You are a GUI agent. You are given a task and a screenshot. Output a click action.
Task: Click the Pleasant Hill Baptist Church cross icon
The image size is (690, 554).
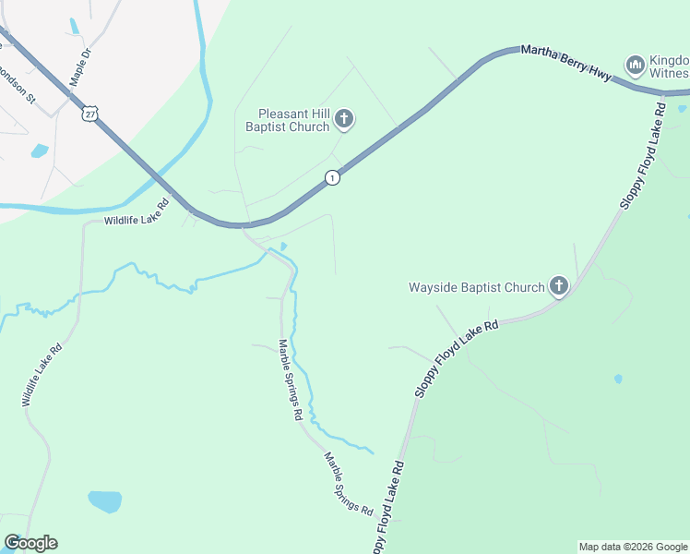pyautogui.click(x=344, y=117)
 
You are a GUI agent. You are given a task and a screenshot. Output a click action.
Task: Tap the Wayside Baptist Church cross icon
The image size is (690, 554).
pyautogui.click(x=559, y=286)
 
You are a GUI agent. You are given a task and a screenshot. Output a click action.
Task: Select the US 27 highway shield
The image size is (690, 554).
pyautogui.click(x=89, y=112)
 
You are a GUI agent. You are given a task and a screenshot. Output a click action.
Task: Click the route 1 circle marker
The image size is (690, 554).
pyautogui.click(x=332, y=177)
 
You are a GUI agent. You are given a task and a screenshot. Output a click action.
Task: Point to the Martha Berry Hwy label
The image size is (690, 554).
pyautogui.click(x=565, y=63)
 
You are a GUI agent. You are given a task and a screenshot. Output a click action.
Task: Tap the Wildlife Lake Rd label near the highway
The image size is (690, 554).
pyautogui.click(x=137, y=212)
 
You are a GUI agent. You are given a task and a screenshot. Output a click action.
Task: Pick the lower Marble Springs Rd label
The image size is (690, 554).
pyautogui.click(x=347, y=484)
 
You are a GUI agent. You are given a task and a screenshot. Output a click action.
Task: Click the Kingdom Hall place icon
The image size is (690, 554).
pyautogui.click(x=634, y=65)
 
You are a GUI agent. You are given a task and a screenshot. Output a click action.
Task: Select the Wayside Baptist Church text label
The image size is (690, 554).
pyautogui.click(x=477, y=287)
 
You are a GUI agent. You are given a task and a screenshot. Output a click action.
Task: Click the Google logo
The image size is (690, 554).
pyautogui.click(x=30, y=543)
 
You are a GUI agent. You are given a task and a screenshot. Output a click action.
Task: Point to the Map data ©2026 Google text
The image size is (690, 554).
pyautogui.click(x=632, y=547)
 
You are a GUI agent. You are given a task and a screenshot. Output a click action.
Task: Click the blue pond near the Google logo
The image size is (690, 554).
pyautogui.click(x=104, y=501)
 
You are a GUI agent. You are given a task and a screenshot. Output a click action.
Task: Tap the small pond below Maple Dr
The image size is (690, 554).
pyautogui.click(x=40, y=150)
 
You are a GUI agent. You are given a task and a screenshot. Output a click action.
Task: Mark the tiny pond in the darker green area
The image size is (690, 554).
pyautogui.click(x=617, y=379)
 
